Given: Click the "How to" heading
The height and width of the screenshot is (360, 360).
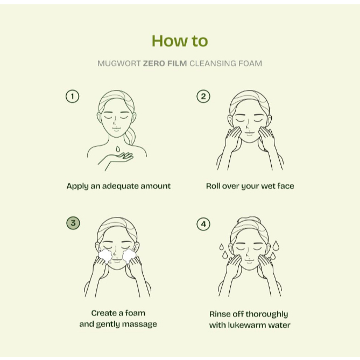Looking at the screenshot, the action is click(x=180, y=41).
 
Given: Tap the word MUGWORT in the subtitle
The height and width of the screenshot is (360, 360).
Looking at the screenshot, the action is click(x=119, y=63).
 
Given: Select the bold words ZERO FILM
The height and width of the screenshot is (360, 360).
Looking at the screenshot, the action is click(x=165, y=63).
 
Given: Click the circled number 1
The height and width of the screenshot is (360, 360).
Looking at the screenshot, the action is click(x=72, y=96).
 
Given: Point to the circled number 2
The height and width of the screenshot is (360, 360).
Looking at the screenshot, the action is click(x=203, y=96).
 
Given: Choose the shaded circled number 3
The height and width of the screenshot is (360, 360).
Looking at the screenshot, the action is click(x=73, y=223).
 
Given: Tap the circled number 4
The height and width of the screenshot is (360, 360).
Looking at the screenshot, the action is click(x=203, y=224).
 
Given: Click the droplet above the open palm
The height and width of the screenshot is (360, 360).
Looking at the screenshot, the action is click(x=118, y=149).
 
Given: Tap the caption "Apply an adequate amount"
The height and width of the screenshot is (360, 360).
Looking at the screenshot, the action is click(x=118, y=186).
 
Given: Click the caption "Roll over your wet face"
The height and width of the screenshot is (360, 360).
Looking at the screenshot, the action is click(x=250, y=186).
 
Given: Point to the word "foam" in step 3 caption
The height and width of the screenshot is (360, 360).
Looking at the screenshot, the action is click(x=135, y=313).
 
